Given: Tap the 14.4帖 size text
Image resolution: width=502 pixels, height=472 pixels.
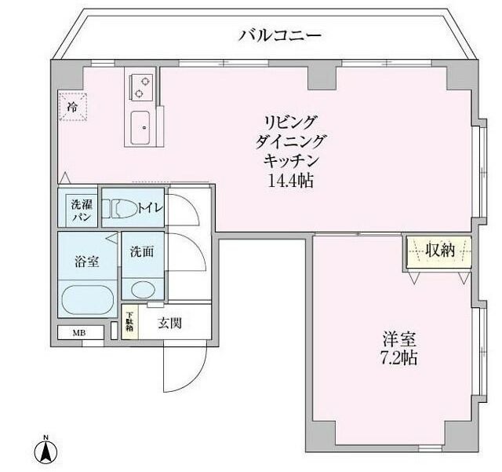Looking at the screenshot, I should (x=289, y=180).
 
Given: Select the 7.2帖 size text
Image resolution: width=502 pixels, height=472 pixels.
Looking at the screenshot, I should (x=399, y=358).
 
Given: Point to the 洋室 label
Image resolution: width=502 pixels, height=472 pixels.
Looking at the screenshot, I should (x=399, y=339).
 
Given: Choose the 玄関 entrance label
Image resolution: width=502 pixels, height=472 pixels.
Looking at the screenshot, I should (x=169, y=322).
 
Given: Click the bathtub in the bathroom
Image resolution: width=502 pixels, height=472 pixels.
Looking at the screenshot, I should (x=88, y=299).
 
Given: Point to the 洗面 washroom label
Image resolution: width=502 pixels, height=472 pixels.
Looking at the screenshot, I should (x=142, y=252).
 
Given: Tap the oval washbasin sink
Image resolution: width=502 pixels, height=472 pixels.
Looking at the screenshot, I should (x=143, y=288).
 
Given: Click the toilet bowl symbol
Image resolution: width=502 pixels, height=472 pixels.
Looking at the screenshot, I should (x=124, y=209).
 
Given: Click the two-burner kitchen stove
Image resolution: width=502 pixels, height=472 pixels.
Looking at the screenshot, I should (x=141, y=84).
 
